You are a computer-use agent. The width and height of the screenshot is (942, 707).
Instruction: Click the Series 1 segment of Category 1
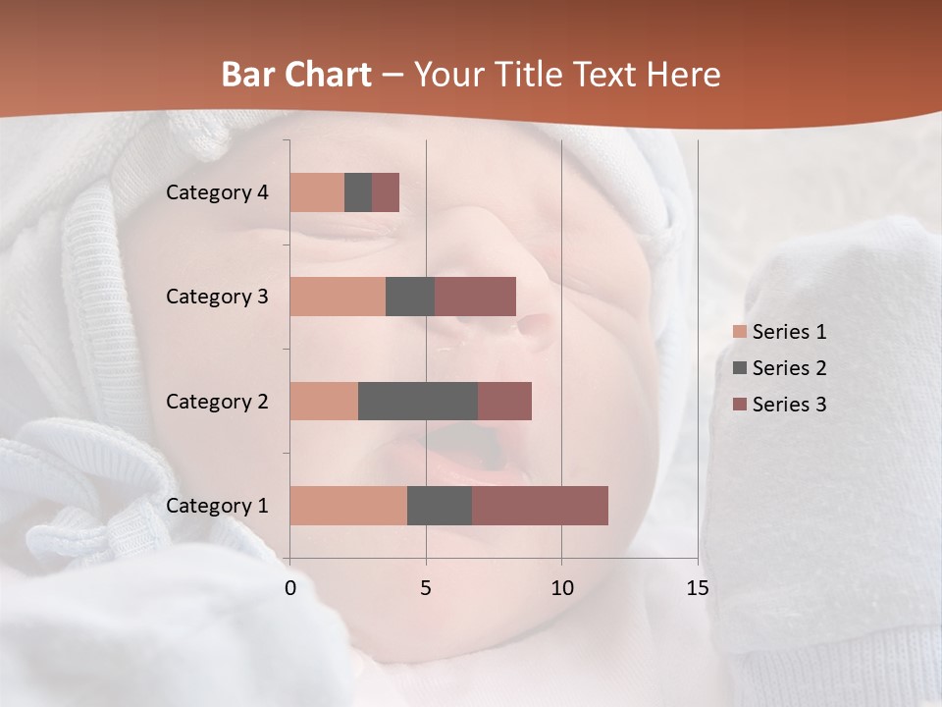pyautogui.click(x=348, y=506)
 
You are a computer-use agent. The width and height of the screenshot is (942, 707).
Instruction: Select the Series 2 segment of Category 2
pyautogui.click(x=418, y=401)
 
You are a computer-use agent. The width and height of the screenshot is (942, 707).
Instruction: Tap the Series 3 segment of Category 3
pyautogui.click(x=475, y=297)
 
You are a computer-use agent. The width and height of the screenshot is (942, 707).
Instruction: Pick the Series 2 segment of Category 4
pyautogui.click(x=358, y=192)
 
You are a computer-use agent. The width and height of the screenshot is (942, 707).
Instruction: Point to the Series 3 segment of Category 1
pyautogui.click(x=540, y=506)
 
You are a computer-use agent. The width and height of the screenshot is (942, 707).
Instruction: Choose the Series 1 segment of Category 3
pyautogui.click(x=338, y=297)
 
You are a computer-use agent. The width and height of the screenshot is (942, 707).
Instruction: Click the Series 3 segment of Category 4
pyautogui.click(x=386, y=192)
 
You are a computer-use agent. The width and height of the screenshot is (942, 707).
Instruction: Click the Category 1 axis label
pyautogui.click(x=217, y=506)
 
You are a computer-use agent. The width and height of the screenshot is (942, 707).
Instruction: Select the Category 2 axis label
pyautogui.click(x=217, y=401)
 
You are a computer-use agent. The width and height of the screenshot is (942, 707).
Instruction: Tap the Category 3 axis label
pyautogui.click(x=217, y=297)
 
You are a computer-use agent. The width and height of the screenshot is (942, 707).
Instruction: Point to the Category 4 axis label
pyautogui.click(x=217, y=192)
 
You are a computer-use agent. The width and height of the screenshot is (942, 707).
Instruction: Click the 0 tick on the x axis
pyautogui.click(x=290, y=588)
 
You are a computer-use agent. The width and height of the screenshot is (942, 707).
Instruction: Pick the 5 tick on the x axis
pyautogui.click(x=426, y=588)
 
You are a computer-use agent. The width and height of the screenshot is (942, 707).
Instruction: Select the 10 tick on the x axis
pyautogui.click(x=561, y=588)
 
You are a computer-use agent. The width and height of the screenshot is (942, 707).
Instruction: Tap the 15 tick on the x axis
pyautogui.click(x=697, y=588)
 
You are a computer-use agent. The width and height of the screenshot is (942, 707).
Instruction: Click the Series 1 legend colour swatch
pyautogui.click(x=739, y=332)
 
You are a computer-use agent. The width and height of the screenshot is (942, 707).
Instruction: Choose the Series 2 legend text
pyautogui.click(x=789, y=368)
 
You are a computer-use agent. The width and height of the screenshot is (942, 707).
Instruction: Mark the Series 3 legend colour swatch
pyautogui.click(x=739, y=405)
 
